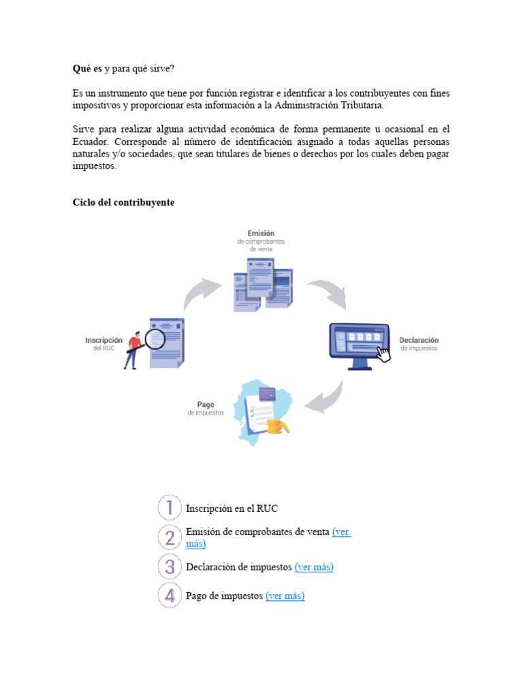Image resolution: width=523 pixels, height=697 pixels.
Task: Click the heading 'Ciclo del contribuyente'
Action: (x=123, y=203)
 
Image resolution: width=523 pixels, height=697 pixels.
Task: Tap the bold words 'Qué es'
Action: (x=87, y=69)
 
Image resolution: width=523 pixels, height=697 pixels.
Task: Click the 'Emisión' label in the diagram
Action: (x=261, y=233)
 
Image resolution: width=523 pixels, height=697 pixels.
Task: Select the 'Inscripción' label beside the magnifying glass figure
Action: (x=104, y=340)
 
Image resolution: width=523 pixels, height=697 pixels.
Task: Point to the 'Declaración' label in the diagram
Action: (x=419, y=340)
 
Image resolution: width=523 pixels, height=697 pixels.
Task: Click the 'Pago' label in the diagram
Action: (x=206, y=404)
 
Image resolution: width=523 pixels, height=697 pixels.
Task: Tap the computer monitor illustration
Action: (x=360, y=344)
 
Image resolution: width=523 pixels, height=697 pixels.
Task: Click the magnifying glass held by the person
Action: (x=155, y=339)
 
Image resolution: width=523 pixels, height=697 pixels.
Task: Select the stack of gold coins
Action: (x=277, y=427)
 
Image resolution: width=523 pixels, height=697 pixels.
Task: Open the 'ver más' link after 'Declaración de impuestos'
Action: (x=314, y=567)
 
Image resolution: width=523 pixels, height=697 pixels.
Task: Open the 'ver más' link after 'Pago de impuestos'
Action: (x=285, y=596)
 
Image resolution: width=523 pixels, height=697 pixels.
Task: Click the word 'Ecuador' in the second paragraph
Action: (x=91, y=142)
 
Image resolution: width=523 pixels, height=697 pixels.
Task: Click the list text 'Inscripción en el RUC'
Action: (x=232, y=508)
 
